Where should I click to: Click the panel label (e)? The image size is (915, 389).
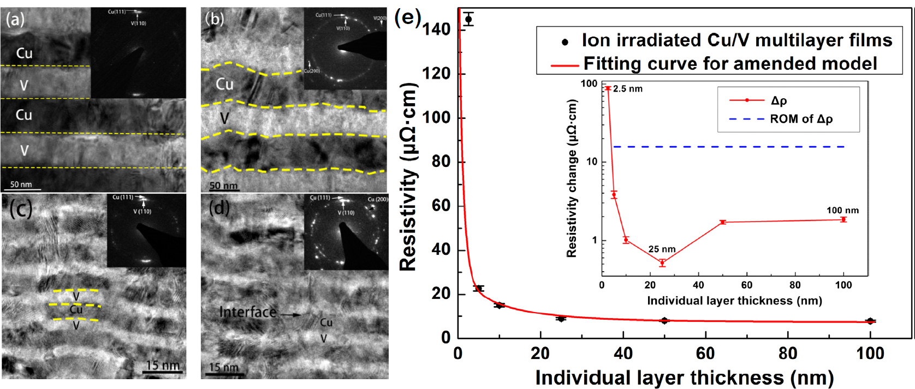[407, 17]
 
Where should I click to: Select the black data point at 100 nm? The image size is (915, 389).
[870, 321]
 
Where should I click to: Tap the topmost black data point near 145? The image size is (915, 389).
[468, 20]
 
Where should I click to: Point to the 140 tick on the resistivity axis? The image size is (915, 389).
[437, 29]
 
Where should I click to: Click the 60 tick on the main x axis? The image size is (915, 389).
[705, 354]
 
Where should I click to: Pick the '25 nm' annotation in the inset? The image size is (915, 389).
[662, 249]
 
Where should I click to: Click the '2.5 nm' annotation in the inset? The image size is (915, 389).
[628, 89]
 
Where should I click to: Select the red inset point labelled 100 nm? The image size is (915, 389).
[843, 219]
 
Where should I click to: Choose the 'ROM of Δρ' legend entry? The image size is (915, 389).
[801, 119]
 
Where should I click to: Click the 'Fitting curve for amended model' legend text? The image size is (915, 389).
[730, 64]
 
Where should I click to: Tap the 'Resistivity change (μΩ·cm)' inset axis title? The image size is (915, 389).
[572, 178]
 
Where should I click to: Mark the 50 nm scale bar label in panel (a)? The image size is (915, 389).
[21, 184]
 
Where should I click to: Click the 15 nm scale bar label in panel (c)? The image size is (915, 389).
[163, 365]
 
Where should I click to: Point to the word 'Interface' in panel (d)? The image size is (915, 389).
[247, 312]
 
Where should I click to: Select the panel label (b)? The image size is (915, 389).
[214, 19]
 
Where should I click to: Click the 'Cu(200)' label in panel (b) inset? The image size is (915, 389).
[312, 71]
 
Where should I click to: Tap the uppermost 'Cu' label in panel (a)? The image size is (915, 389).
[24, 53]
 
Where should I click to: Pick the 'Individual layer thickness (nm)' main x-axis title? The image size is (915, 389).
[684, 378]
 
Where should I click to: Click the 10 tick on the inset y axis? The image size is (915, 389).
[592, 162]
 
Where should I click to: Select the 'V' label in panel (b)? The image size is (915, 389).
[224, 118]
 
